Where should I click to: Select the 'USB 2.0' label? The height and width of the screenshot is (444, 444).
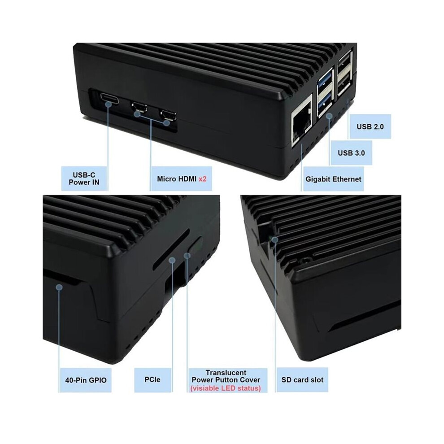point(370,126)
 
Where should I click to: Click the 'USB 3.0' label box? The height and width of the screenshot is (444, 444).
point(352,153)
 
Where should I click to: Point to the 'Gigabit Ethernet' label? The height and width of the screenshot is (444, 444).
point(333,179)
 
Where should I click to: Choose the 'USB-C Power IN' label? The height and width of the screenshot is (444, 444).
point(84,178)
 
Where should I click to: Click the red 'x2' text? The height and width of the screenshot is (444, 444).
point(202,179)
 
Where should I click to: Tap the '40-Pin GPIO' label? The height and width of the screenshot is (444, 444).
point(86,380)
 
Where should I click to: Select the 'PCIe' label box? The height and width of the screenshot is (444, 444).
point(152,380)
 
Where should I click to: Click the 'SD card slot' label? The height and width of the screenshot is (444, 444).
point(302,380)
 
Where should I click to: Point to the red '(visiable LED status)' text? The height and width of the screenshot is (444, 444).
point(226,388)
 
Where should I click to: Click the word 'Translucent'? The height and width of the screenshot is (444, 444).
point(226,373)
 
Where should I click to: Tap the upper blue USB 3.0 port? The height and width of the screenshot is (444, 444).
point(325,82)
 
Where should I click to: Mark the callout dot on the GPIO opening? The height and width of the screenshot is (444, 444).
point(59,287)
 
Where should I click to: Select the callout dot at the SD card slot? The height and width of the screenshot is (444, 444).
point(274,239)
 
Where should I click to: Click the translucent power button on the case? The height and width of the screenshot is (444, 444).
point(195,245)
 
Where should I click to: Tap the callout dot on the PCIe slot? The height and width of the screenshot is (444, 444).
point(172,260)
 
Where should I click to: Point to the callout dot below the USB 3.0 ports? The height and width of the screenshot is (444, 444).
point(329,116)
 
